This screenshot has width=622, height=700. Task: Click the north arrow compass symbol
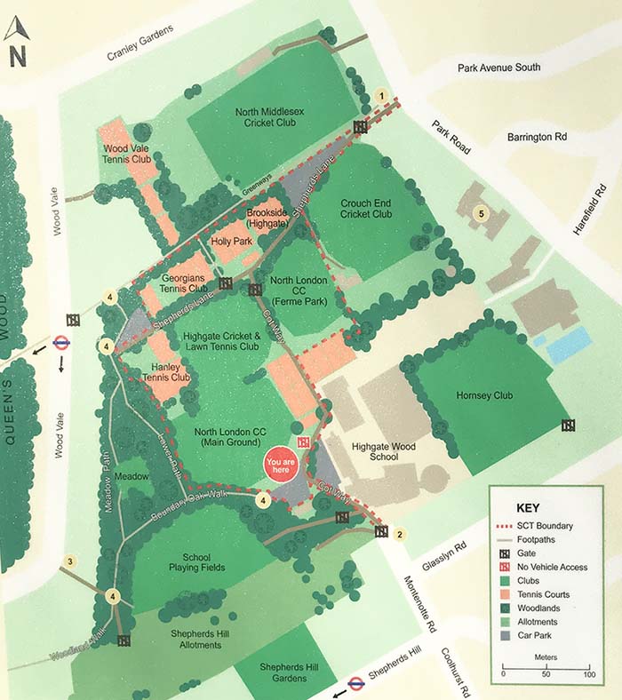(17, 42)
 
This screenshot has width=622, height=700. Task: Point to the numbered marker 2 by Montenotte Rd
(400, 534)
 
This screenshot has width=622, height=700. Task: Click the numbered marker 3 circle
(70, 561)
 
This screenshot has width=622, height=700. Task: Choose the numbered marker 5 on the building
(482, 213)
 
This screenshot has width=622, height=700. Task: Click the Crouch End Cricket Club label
(366, 209)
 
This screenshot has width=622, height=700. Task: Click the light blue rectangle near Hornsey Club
(568, 345)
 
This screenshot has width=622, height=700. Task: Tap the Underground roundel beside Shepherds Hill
(355, 683)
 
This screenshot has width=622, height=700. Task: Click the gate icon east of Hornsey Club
(568, 426)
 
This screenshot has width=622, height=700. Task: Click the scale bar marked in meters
(546, 671)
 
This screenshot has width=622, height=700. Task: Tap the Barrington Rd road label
(537, 138)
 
